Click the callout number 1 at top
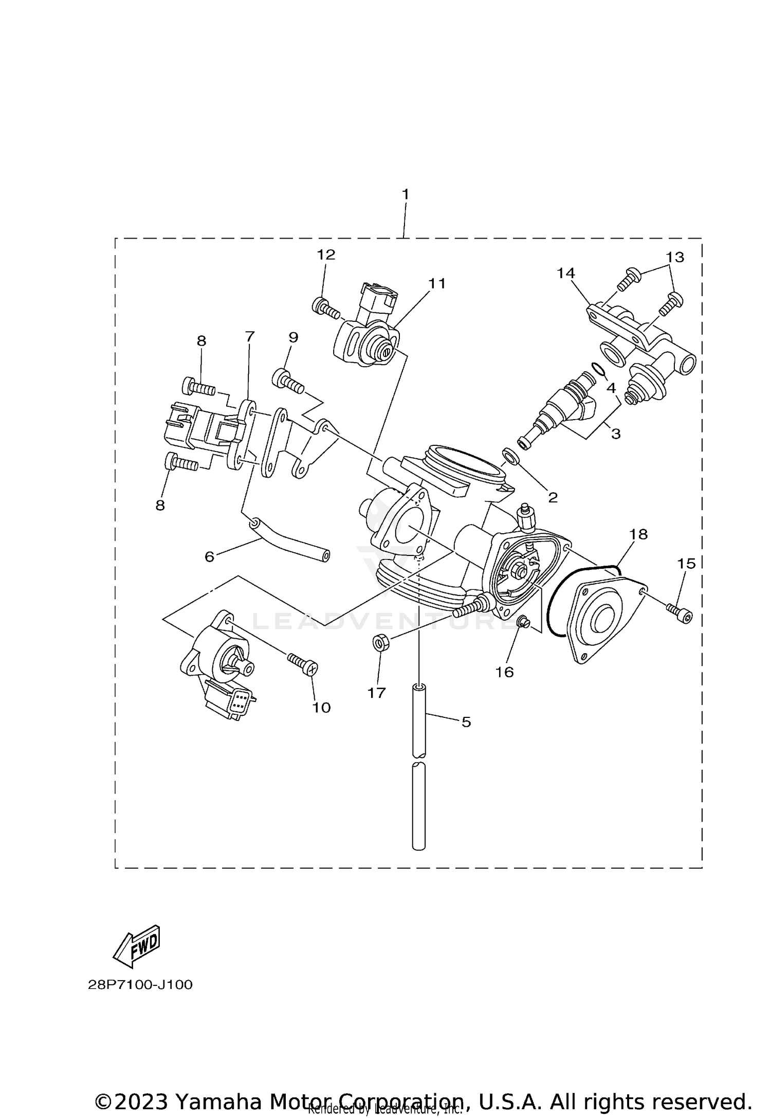(x=405, y=194)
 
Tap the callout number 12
(x=326, y=255)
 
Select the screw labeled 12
(x=325, y=309)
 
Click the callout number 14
(x=566, y=273)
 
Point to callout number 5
(x=466, y=722)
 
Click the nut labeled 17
(x=380, y=643)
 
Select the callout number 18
(x=638, y=534)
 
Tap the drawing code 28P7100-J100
(x=140, y=985)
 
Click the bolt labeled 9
(x=288, y=381)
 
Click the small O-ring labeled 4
(x=598, y=369)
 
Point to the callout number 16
(x=504, y=672)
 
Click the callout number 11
(x=437, y=283)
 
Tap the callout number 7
(x=249, y=337)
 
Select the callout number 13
(x=675, y=257)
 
